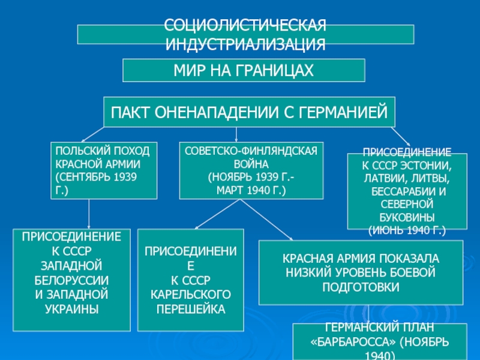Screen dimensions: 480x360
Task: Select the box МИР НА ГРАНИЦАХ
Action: click(244, 70)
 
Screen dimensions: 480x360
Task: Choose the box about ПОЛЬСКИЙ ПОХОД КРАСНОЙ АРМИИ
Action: click(103, 170)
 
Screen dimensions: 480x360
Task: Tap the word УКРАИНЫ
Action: click(71, 308)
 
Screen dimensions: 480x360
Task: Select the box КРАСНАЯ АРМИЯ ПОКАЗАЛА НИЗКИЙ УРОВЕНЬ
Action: click(361, 272)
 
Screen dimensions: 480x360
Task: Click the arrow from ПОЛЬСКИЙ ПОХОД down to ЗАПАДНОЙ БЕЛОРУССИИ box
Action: click(89, 214)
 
